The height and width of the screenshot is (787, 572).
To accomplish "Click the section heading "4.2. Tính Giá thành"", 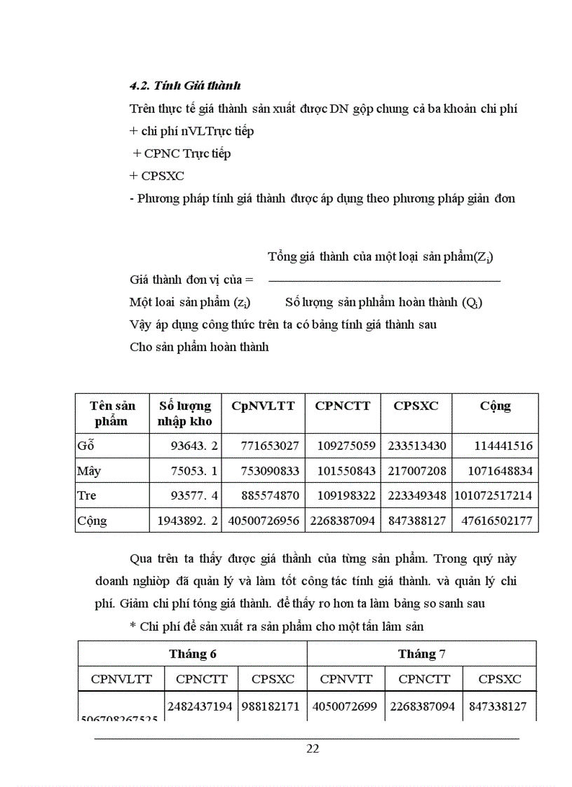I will (x=185, y=85).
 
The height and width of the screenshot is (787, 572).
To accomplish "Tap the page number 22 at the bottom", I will (x=313, y=748).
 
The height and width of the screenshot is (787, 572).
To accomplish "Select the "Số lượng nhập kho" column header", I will (x=184, y=413).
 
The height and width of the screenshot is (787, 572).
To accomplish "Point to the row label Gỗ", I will (x=86, y=446).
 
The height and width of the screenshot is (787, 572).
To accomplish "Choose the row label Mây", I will (x=89, y=470).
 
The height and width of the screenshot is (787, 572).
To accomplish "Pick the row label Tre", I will (x=87, y=495).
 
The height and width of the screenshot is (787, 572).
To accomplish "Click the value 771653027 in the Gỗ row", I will (x=270, y=446).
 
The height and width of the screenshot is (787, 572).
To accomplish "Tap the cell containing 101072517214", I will (x=495, y=495).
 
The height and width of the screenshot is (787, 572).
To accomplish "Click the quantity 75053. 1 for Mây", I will (x=194, y=470).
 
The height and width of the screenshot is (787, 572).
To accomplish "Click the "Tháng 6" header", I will (x=192, y=654).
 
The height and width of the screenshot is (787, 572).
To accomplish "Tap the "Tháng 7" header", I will (x=421, y=654).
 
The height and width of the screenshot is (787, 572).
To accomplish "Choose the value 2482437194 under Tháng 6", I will (x=200, y=706).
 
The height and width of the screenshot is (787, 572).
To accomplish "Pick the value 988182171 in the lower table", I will (x=271, y=706).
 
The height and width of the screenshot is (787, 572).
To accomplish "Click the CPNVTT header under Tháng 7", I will (x=346, y=678).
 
